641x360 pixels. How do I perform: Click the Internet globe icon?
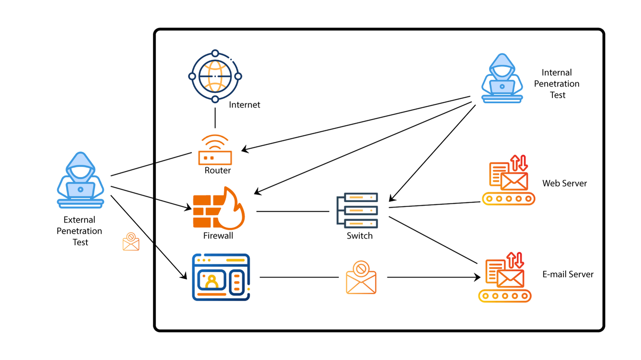[215, 76]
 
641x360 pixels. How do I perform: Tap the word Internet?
[244, 105]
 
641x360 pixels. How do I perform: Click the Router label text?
[218, 171]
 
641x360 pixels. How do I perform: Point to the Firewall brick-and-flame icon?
[218, 209]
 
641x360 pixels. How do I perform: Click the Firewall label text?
[218, 236]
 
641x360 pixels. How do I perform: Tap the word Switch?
[359, 236]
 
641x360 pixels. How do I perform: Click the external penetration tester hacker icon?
[81, 181]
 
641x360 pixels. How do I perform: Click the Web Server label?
[564, 183]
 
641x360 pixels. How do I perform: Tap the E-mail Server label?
[568, 274]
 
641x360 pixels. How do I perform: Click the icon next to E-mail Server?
[505, 278]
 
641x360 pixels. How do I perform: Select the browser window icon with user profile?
[221, 277]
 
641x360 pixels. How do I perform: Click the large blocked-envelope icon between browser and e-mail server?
[361, 278]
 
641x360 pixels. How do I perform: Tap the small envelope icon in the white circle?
[131, 242]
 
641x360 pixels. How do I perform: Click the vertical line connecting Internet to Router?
[215, 118]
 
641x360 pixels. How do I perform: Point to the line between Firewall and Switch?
[292, 211]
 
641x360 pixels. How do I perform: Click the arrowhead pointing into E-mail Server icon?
[478, 277]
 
